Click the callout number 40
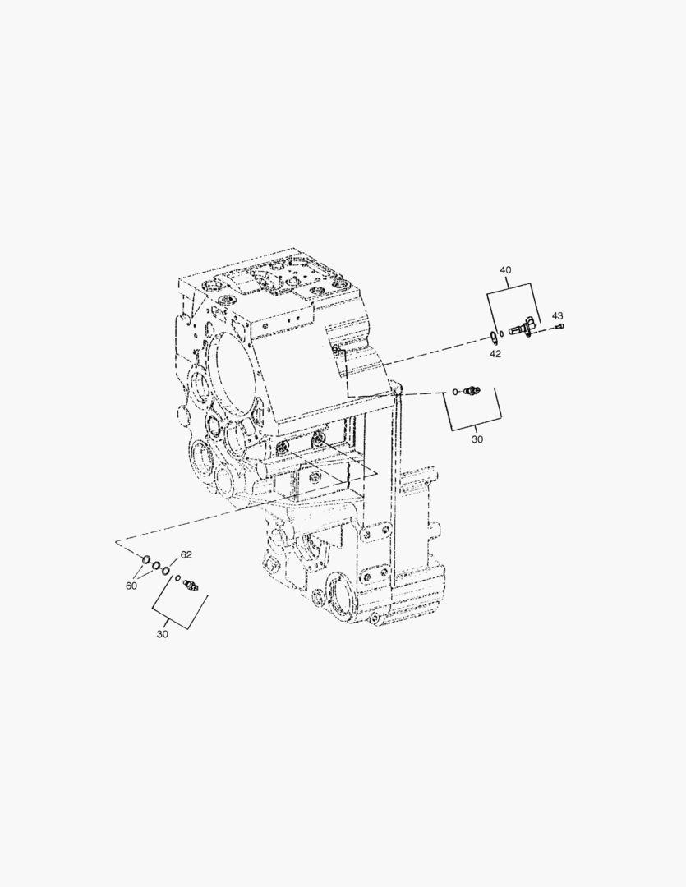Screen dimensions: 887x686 (x=505, y=270)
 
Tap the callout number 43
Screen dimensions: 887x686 (x=557, y=315)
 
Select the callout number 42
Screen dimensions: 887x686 (x=495, y=354)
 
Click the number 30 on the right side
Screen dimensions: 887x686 (x=477, y=439)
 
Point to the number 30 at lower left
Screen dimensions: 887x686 (x=162, y=634)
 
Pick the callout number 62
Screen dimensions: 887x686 (x=186, y=554)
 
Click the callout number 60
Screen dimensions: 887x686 (x=131, y=586)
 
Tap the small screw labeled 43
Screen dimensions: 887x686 (x=559, y=328)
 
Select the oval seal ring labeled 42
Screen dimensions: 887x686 (x=491, y=335)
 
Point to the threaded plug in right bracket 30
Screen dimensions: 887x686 (x=472, y=391)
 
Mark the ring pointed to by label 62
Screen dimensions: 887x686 (x=167, y=569)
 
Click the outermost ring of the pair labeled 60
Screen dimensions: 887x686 (x=145, y=561)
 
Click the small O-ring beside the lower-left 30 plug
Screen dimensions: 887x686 (x=178, y=578)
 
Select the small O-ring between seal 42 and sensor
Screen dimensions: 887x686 (x=502, y=333)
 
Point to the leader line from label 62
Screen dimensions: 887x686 (x=174, y=562)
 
